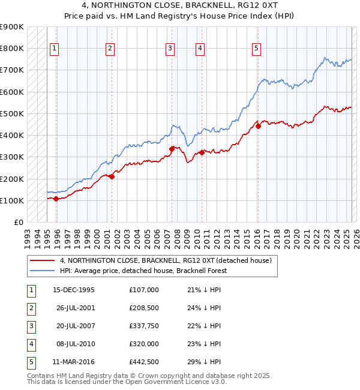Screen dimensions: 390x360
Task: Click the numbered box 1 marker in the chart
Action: click(x=55, y=49)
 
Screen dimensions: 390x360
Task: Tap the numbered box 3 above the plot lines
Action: click(x=170, y=49)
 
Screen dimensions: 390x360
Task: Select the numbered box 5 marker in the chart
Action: click(x=256, y=49)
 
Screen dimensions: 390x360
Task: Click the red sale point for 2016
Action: click(x=258, y=126)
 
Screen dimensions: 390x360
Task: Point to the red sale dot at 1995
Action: click(x=56, y=199)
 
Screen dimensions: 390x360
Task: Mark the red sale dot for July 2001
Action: click(x=112, y=176)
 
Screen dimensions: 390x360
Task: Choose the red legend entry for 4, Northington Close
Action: click(x=166, y=260)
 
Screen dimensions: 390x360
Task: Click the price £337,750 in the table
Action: click(x=144, y=326)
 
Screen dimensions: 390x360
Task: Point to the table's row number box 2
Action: click(x=30, y=308)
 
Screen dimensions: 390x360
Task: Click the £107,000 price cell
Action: click(x=144, y=290)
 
